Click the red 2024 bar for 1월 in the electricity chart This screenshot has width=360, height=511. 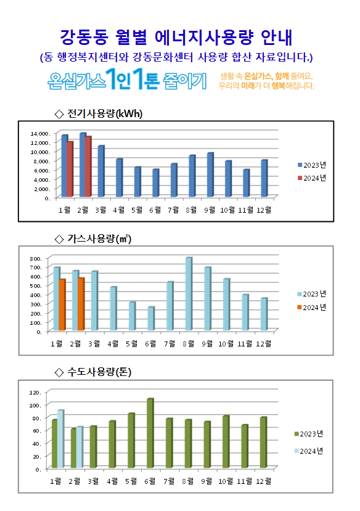click(70, 169)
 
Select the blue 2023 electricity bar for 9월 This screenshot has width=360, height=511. click(210, 174)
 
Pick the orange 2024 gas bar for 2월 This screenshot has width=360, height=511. click(81, 304)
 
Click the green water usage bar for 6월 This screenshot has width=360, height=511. click(150, 433)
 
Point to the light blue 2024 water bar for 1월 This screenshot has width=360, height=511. click(60, 439)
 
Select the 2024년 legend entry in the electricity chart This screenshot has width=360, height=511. click(312, 178)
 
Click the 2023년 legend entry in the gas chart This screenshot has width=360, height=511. click(311, 294)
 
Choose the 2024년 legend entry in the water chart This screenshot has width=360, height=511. click(308, 451)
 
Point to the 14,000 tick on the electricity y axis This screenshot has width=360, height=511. click(40, 133)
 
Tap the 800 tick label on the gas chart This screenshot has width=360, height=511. click(36, 259)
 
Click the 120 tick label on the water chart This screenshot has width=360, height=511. click(35, 393)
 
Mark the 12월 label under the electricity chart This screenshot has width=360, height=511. click(264, 210)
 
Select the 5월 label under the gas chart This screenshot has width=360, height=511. click(132, 343)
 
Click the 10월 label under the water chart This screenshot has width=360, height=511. click(226, 481)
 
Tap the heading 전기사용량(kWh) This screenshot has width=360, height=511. click(105, 114)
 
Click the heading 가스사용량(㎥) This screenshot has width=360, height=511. click(99, 239)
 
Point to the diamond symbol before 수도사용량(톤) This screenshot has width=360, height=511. click(59, 372)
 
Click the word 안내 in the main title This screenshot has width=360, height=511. click(277, 38)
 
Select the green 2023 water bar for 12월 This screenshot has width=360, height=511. click(264, 443)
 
